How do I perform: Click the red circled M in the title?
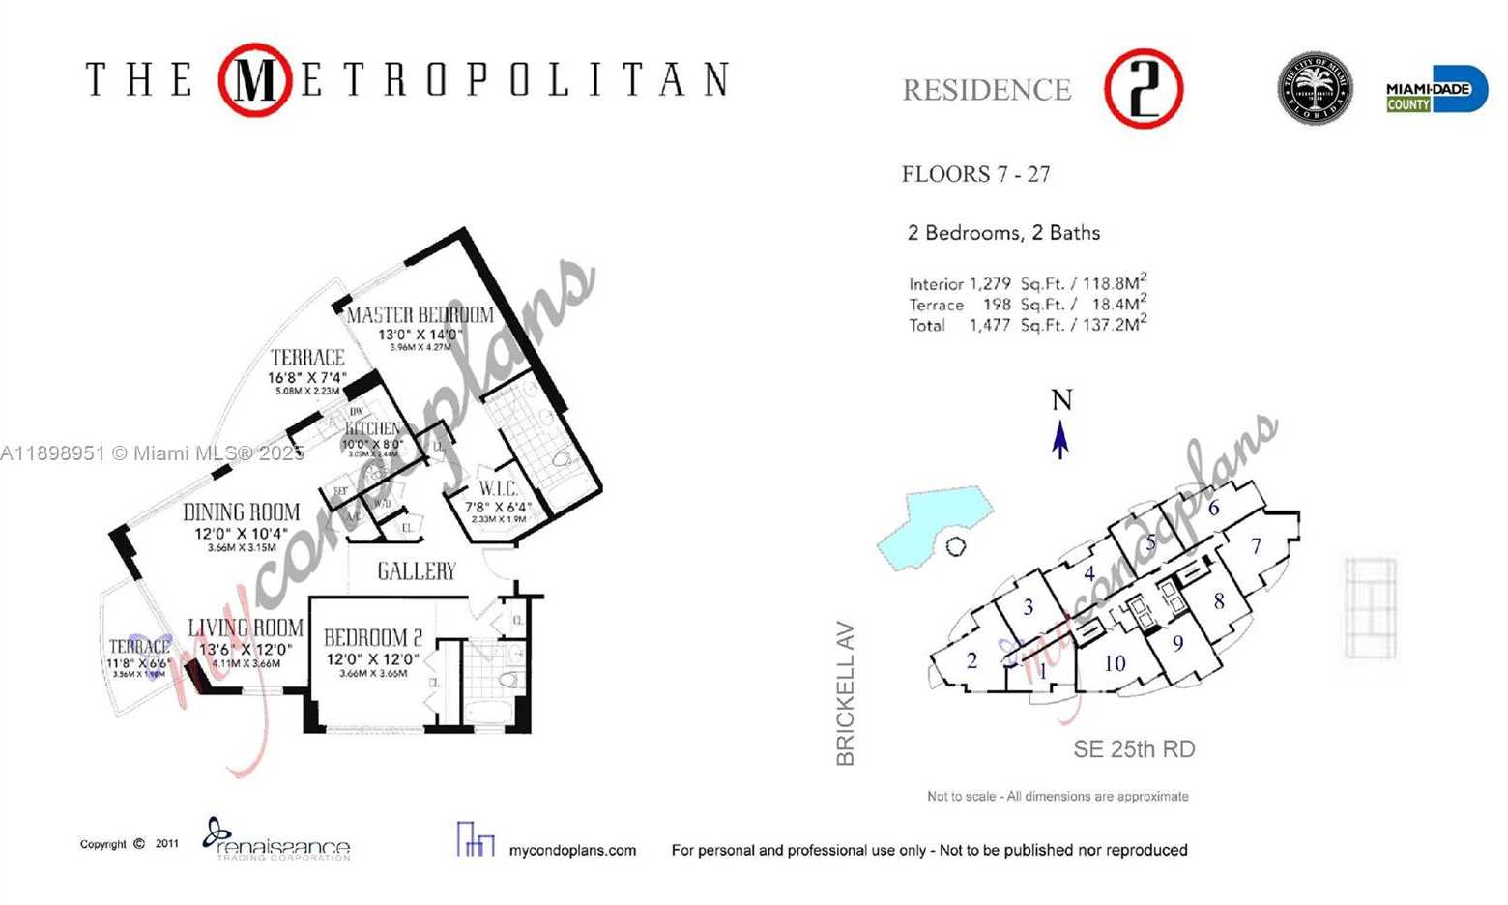click(254, 80)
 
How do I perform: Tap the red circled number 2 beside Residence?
click(1144, 89)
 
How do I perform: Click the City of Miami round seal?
click(1315, 89)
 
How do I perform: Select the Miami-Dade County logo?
click(1436, 90)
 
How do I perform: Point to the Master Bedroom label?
click(420, 315)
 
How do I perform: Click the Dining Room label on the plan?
click(242, 512)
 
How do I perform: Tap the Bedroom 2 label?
click(372, 638)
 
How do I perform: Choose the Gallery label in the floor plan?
click(416, 571)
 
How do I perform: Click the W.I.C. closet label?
click(498, 489)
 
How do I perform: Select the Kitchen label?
click(373, 428)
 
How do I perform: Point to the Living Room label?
click(246, 628)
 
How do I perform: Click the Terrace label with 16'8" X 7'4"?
click(307, 358)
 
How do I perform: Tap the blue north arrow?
click(1060, 440)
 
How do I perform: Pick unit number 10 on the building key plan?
click(1115, 663)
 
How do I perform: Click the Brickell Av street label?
click(846, 693)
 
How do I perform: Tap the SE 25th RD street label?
click(1134, 749)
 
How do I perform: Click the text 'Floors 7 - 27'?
click(975, 174)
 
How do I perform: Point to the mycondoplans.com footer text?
click(572, 851)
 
